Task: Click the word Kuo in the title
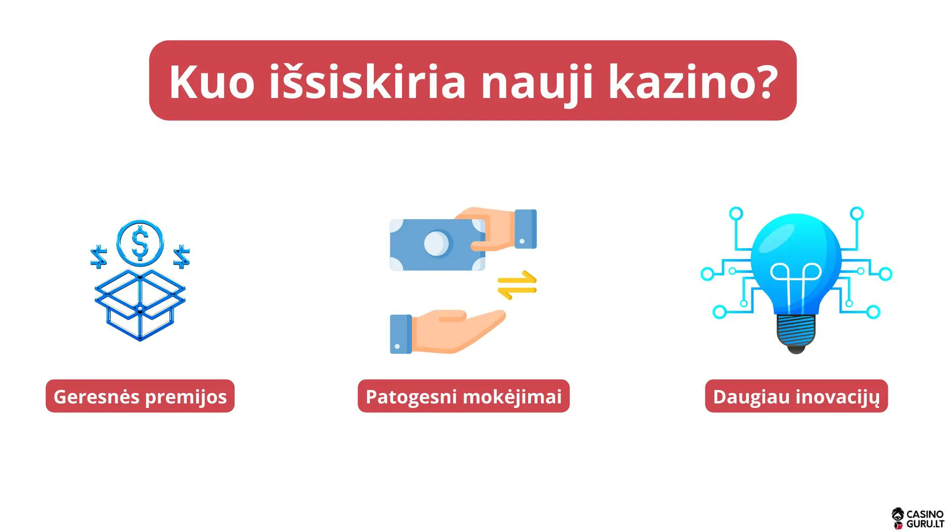coord(212,82)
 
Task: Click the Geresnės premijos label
coord(140,397)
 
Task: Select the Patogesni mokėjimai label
coord(463,397)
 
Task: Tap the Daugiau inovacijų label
coord(796,397)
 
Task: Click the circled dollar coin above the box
coord(140,243)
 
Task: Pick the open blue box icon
coord(140,305)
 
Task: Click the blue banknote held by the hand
coord(429,245)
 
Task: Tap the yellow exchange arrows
coord(517,285)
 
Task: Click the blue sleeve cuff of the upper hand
coord(526,229)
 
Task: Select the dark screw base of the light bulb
coord(796,332)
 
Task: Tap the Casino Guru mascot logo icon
coord(898,519)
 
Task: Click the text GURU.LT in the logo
coord(925,524)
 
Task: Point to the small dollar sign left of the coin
coord(99,257)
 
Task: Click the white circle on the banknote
coord(437,243)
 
